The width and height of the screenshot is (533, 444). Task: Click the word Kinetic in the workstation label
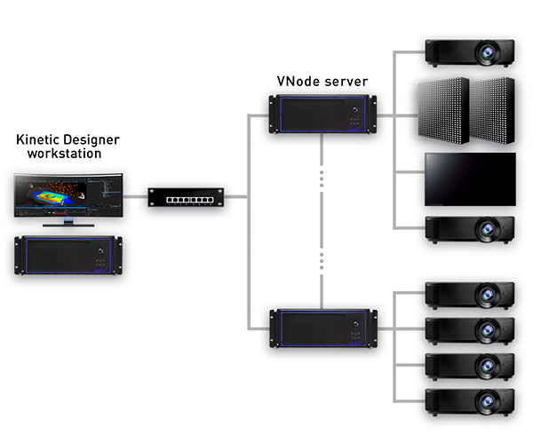coord(37,139)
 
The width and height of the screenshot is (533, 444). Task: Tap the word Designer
coord(91,140)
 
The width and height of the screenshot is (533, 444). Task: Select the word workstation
coord(64,154)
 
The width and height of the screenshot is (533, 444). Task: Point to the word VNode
coord(298,82)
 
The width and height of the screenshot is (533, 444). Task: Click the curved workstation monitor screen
coord(68,195)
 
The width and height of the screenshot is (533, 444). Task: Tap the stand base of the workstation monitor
coord(68,225)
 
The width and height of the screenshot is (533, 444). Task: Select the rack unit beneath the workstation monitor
coord(68,255)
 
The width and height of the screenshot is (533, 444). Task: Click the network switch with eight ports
coord(186,197)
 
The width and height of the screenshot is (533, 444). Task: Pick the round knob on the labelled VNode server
coord(354,110)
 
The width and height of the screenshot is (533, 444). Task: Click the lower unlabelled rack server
coord(323,329)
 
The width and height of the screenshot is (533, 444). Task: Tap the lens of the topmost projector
coord(488,52)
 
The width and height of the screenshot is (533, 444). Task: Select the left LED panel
coord(443,111)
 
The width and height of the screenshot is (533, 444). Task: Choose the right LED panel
coord(492,111)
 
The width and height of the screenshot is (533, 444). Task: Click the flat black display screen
coord(470,179)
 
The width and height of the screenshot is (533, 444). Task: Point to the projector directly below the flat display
coord(470,230)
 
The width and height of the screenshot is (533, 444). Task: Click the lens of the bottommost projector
coord(488,402)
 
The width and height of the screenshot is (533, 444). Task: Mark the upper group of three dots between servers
coord(322,179)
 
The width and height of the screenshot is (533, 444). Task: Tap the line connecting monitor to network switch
coord(135,196)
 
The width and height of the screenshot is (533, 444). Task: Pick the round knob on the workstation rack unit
coord(100,251)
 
